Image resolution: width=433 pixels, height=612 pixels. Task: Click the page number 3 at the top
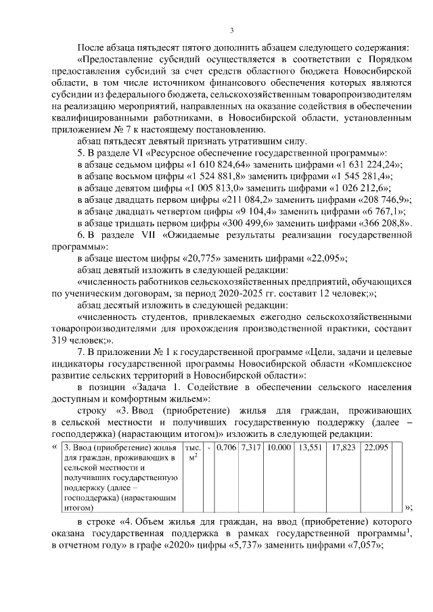pos(231,30)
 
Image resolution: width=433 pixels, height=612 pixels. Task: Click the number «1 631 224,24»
pos(370,165)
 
